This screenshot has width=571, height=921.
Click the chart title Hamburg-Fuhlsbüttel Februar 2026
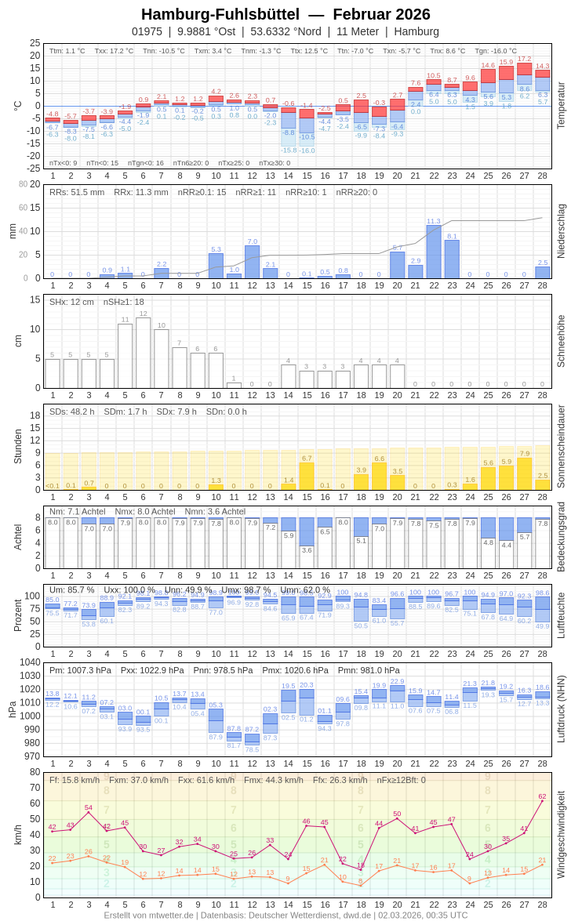(x=285, y=14)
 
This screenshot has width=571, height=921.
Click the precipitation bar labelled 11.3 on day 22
(x=434, y=252)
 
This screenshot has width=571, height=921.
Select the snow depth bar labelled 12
(x=143, y=353)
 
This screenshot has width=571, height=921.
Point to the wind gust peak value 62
(x=542, y=796)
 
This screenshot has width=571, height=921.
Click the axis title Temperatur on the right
(x=561, y=105)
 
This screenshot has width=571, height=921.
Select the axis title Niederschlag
(x=561, y=231)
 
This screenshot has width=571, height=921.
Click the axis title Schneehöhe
(x=561, y=341)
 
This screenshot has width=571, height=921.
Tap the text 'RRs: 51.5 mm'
(x=77, y=192)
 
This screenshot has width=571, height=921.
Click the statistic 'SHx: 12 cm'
(x=72, y=302)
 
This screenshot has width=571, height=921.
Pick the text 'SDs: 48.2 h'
(x=72, y=412)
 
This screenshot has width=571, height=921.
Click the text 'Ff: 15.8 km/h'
(x=75, y=780)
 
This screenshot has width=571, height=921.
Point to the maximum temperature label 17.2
(x=524, y=59)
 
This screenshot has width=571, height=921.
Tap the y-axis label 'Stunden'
(x=17, y=446)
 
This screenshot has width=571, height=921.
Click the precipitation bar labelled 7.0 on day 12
(x=252, y=262)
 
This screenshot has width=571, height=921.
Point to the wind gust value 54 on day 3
(x=89, y=807)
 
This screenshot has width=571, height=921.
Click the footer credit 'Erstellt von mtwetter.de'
(x=149, y=915)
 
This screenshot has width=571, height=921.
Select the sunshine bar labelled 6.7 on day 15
(x=307, y=477)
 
